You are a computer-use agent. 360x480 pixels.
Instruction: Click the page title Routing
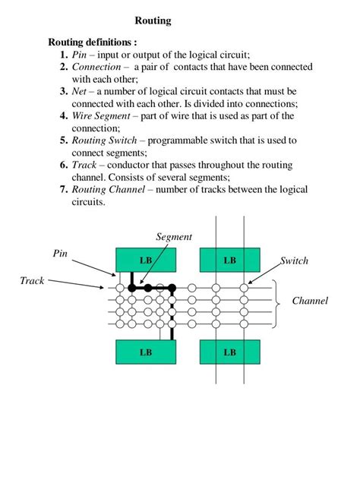tap(153, 21)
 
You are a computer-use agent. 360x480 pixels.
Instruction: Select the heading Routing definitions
tap(93, 42)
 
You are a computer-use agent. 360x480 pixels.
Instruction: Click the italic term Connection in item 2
tap(96, 67)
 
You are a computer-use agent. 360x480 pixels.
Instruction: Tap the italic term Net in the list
tap(81, 91)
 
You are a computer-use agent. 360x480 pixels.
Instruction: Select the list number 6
tap(65, 166)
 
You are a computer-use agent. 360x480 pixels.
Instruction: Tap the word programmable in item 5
tap(187, 141)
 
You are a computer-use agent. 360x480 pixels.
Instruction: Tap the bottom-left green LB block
tap(146, 352)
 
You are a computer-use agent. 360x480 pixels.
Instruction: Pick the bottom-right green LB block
tap(229, 352)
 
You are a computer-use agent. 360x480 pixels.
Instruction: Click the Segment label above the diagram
tap(174, 237)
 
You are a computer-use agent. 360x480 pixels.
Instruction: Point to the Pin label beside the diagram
tap(60, 251)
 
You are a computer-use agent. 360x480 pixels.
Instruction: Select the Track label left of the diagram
tap(32, 281)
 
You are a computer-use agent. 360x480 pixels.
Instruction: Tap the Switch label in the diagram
tap(294, 261)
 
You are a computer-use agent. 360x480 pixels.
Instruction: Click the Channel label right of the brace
tap(310, 302)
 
